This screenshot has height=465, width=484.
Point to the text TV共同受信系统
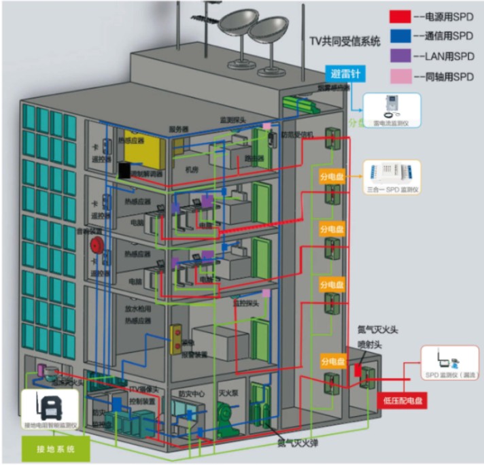click(x=345, y=41)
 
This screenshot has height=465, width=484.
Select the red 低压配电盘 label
click(x=402, y=400)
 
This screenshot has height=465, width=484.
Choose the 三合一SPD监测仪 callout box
click(x=392, y=178)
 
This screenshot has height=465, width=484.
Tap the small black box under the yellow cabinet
click(x=124, y=170)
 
